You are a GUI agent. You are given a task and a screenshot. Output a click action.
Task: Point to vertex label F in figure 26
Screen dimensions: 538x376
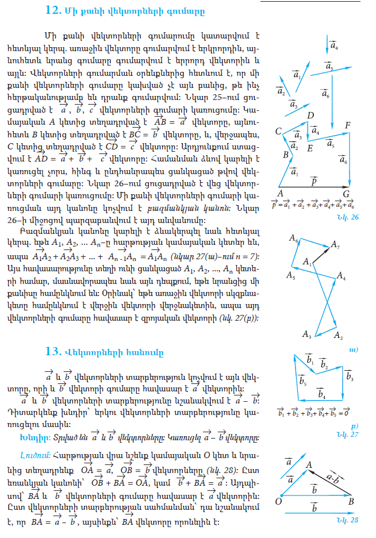pos(347,125)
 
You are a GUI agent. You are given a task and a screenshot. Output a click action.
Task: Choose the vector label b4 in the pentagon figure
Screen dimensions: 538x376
pos(322,394)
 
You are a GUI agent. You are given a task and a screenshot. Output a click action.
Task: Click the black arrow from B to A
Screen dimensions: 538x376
pos(331,482)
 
